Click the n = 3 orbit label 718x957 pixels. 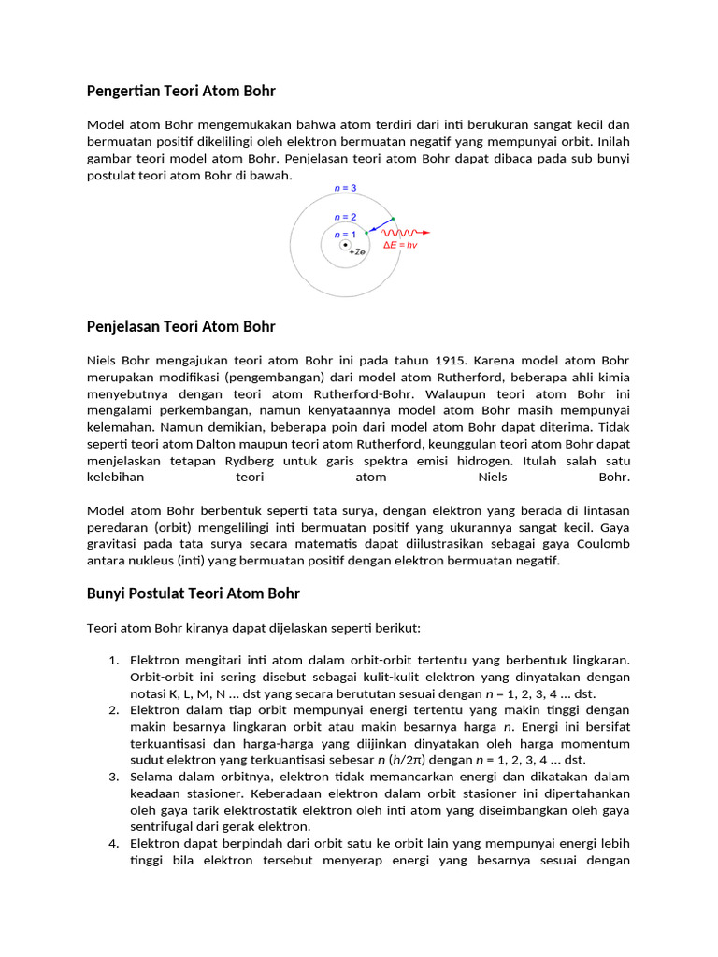pos(346,188)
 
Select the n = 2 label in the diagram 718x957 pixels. pos(346,217)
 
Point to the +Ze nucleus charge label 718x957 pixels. pos(356,252)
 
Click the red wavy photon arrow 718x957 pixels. pos(404,232)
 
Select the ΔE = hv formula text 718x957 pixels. pos(400,245)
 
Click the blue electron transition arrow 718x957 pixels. pos(380,225)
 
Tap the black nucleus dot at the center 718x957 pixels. pos(346,245)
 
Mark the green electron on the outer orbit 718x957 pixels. pos(393,218)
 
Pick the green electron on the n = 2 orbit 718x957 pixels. pos(366,233)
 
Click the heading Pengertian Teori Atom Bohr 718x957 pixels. pos(181,91)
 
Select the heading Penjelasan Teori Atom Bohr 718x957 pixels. pos(181,326)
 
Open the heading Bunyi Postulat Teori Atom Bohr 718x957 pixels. pos(194,593)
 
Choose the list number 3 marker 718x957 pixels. pos(113,777)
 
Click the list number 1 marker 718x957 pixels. pos(113,660)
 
